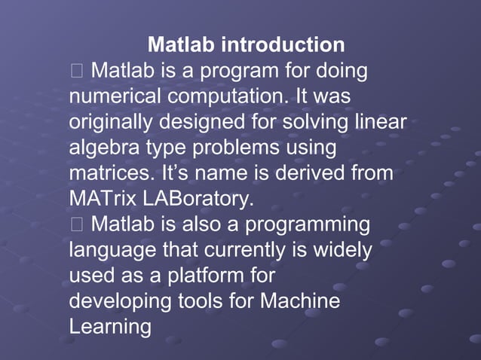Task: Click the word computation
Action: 224,97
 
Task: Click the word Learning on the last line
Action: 110,328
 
